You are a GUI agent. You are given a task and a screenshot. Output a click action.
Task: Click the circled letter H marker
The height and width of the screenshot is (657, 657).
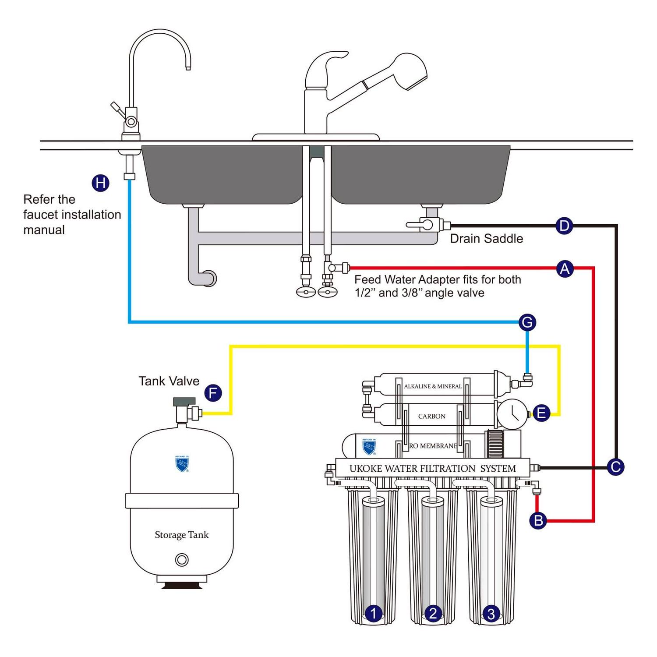coord(100,183)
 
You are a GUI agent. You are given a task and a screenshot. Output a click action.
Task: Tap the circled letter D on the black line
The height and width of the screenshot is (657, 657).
coord(564,226)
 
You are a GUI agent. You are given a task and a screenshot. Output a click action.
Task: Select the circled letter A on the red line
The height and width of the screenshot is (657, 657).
coord(565,268)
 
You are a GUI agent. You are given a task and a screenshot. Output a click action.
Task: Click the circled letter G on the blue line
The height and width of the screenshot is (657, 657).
coord(527,322)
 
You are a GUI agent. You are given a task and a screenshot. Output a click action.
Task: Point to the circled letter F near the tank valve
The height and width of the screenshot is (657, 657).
coord(213,393)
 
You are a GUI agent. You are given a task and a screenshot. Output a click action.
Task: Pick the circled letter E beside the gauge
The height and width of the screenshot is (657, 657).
coord(541,413)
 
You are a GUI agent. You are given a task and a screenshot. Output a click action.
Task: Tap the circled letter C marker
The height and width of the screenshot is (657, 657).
coord(615,467)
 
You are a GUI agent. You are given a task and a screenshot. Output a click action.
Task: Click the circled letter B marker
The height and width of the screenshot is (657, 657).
coord(538,520)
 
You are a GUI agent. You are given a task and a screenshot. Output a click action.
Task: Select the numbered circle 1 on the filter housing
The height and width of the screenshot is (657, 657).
coord(373,613)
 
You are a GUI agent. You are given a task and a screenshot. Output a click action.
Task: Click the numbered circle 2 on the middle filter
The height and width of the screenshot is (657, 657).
coord(433,613)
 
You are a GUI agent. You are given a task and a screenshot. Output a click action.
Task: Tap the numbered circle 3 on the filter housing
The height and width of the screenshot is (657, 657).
coord(491,614)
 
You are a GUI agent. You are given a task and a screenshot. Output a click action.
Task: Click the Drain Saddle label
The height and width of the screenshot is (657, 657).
coord(486,239)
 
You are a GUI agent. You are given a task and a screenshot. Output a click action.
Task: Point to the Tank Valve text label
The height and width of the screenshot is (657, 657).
coord(169,381)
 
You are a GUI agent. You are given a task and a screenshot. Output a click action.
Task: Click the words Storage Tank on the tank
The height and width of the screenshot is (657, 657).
coord(181,535)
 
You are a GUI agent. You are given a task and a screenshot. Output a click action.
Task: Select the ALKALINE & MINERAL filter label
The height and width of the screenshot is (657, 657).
coord(433,386)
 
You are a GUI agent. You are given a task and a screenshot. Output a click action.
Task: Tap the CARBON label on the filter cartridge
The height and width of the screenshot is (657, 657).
coord(431,416)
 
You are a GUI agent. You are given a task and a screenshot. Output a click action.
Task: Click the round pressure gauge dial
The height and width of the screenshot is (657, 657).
coord(512,413)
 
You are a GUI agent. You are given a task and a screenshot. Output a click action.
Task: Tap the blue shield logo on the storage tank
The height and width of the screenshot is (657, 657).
coord(182,464)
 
